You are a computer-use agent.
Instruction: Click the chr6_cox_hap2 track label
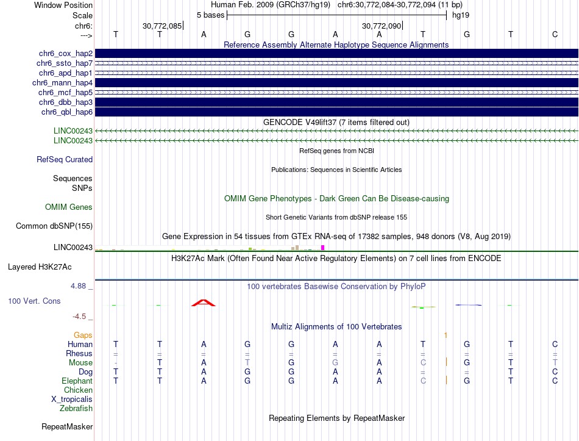(65, 54)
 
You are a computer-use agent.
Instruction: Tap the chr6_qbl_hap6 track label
(67, 112)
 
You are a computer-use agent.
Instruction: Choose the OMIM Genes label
(69, 207)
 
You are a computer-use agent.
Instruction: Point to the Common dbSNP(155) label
(54, 226)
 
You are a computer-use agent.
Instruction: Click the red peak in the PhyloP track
(204, 303)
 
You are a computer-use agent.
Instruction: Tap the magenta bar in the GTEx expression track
(323, 247)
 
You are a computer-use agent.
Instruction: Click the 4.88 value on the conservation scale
(82, 285)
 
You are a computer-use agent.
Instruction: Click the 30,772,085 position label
(162, 26)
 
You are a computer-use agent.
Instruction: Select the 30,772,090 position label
(382, 26)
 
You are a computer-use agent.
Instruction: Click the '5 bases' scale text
(210, 15)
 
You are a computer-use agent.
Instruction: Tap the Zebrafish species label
(76, 409)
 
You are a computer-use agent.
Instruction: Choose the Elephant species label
(77, 381)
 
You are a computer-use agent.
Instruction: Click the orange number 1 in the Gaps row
(446, 335)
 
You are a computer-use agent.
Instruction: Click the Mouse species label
(80, 363)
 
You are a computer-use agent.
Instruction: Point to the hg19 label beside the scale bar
(460, 15)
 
